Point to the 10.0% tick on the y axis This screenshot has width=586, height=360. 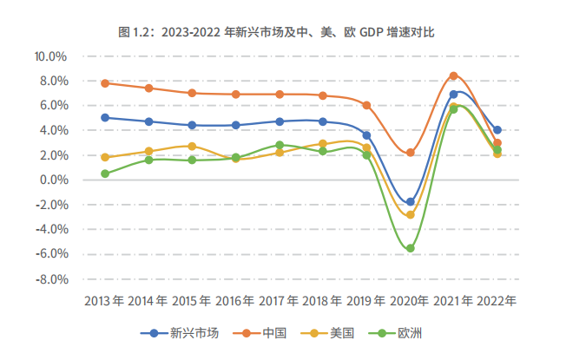tap(50, 56)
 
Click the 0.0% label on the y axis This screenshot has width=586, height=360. tap(53, 180)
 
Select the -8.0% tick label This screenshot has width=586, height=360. tap(51, 280)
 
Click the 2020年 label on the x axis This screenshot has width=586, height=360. tap(409, 301)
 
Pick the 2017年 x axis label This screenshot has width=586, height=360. tap(279, 301)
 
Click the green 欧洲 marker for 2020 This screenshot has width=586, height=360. tap(410, 248)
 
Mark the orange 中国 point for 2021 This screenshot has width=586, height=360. tap(453, 76)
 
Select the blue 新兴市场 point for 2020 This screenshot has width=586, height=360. tap(410, 202)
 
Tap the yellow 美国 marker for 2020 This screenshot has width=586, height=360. tap(410, 214)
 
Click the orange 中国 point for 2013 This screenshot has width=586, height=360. tap(105, 83)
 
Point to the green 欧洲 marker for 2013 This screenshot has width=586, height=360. tap(105, 173)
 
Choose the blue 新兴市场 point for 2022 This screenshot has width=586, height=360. tap(497, 130)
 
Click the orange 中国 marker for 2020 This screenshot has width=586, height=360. tap(410, 153)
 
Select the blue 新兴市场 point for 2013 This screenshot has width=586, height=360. tap(105, 118)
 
